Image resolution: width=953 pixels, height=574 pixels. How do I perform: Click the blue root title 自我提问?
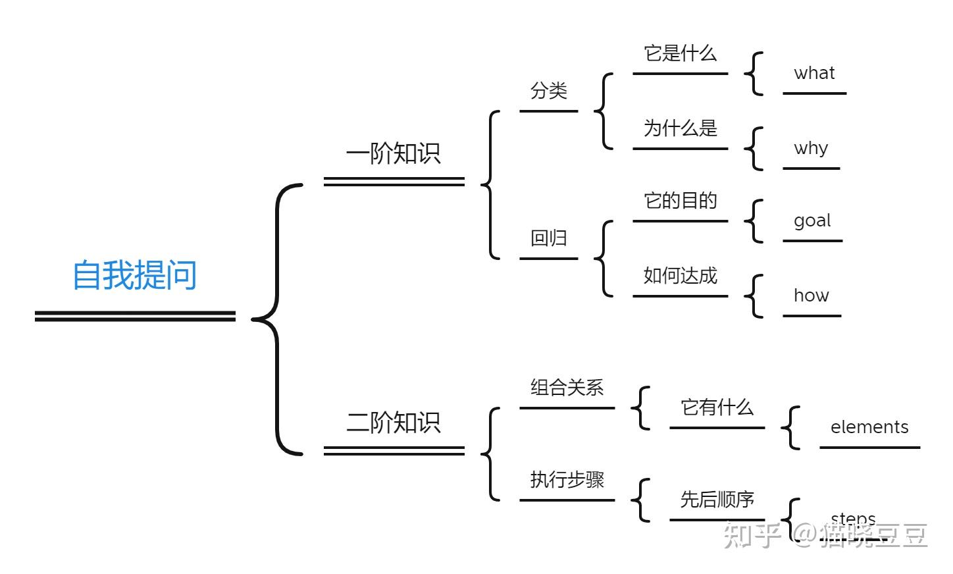coord(134,275)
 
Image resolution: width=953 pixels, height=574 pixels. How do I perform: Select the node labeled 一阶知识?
coord(393,154)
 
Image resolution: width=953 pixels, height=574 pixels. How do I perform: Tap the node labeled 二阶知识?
coord(393,423)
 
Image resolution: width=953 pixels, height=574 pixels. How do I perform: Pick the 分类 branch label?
coord(548,91)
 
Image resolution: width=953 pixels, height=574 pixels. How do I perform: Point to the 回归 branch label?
coord(548,238)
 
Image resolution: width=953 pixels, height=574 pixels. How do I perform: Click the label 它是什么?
coord(680,53)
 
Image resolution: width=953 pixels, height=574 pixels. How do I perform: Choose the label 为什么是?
coord(680,128)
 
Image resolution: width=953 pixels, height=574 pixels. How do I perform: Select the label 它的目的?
coord(680,201)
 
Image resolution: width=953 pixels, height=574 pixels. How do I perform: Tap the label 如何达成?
coord(680,276)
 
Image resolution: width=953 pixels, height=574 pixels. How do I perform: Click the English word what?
coord(814,73)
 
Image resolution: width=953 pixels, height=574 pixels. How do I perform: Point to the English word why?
coord(811,148)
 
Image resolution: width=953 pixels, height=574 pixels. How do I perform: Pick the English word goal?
coord(812,221)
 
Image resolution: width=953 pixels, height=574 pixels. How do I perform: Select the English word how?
coord(811,296)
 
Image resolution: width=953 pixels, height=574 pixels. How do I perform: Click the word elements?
coord(869,427)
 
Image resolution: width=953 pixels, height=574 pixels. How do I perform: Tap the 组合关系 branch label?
coord(567,388)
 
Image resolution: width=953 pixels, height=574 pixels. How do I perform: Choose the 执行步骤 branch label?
coord(567,480)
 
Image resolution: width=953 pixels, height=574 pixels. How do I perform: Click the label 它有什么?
coord(717,407)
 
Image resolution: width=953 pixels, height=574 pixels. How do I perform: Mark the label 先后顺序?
coord(717,500)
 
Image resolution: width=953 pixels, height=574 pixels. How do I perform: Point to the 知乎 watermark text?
coord(752,535)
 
